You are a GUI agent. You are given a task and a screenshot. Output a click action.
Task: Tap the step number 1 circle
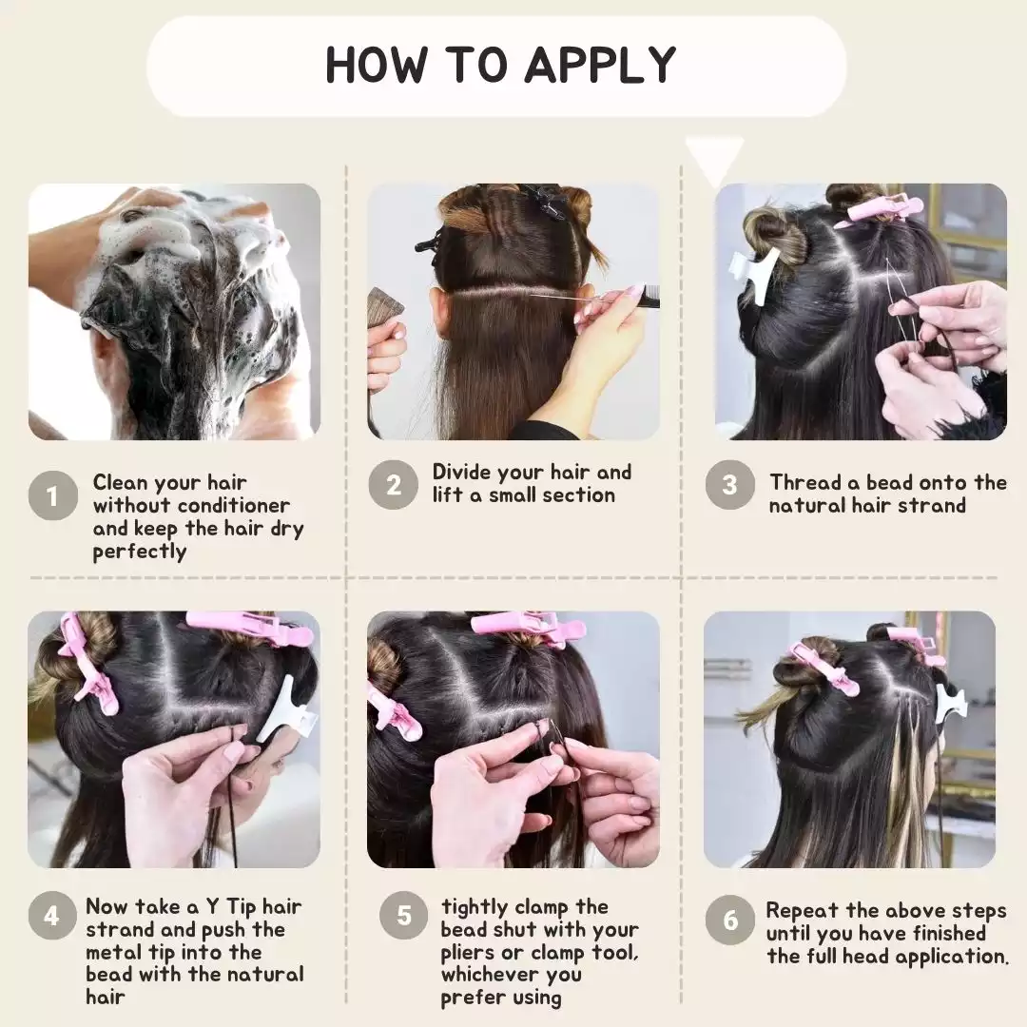click(52, 495)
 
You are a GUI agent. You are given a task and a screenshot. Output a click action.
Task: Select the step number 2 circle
click(393, 485)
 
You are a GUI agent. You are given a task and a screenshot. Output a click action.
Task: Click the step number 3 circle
click(729, 485)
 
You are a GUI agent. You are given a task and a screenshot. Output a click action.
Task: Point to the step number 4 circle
click(52, 917)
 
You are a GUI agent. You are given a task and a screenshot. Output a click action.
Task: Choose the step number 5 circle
click(404, 917)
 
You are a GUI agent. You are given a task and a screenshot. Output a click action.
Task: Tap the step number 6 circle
click(729, 920)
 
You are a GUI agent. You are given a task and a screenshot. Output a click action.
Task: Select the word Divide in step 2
click(463, 473)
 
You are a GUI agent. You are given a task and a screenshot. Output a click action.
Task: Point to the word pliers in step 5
click(472, 953)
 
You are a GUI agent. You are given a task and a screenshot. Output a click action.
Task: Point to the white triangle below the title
click(715, 158)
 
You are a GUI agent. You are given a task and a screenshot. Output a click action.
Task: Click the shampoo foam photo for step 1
click(174, 311)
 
